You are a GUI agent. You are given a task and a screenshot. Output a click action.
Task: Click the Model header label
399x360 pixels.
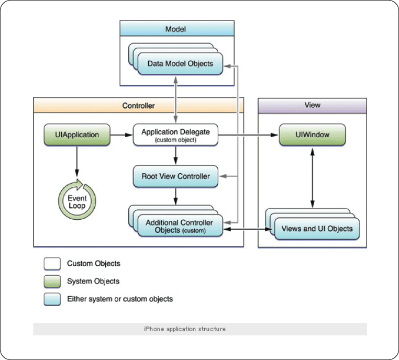click(175, 29)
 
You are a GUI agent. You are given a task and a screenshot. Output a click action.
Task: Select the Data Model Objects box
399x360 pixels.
click(180, 63)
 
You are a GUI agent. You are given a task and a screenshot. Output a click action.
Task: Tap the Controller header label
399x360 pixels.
click(138, 106)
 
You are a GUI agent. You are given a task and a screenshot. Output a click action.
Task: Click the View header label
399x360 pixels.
click(313, 105)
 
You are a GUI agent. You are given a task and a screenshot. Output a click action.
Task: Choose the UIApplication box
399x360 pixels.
click(77, 135)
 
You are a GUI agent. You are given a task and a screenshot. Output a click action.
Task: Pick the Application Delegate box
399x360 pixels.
click(175, 135)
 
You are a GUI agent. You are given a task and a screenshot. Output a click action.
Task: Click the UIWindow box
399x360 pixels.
click(313, 135)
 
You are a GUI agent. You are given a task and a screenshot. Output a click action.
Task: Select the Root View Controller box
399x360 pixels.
click(175, 176)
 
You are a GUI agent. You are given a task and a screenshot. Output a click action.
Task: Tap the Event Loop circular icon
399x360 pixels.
click(77, 199)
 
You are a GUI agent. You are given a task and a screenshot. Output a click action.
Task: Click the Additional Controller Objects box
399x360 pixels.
click(180, 226)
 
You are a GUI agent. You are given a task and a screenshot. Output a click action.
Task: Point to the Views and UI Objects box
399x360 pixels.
click(317, 229)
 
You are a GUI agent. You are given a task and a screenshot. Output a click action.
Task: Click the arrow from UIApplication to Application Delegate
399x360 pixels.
click(121, 135)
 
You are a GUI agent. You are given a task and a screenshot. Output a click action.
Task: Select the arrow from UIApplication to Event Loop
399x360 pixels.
click(77, 161)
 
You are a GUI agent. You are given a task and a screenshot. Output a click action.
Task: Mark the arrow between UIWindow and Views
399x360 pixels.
click(313, 178)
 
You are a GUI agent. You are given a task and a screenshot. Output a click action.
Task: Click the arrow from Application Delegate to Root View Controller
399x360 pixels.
click(175, 155)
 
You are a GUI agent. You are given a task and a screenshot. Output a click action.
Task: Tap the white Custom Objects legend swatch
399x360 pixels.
click(52, 263)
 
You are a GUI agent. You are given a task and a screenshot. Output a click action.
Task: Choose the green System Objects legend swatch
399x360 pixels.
click(52, 281)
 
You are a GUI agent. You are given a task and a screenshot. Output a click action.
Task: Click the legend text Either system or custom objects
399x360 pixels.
click(120, 299)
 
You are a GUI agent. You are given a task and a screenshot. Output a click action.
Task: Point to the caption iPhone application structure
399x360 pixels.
click(185, 329)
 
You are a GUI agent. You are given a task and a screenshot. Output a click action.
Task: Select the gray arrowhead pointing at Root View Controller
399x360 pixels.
click(223, 176)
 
